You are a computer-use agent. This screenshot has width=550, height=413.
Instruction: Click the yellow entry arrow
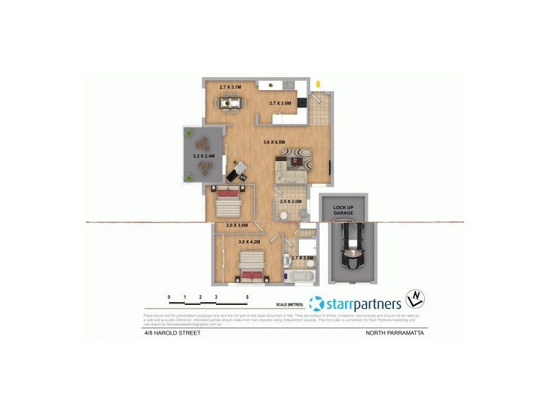click(x=317, y=85)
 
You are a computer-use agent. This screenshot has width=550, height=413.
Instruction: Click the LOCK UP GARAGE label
click(x=343, y=211)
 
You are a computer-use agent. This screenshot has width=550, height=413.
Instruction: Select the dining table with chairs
click(x=230, y=103)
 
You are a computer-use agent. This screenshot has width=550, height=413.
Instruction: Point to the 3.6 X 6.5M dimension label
click(x=274, y=142)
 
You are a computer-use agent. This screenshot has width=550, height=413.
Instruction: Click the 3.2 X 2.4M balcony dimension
click(x=204, y=156)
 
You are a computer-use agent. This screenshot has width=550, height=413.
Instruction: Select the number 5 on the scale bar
click(x=247, y=297)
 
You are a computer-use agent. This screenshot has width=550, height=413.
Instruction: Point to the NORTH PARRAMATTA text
click(x=394, y=332)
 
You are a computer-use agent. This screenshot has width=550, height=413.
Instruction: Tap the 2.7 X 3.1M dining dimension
click(x=232, y=87)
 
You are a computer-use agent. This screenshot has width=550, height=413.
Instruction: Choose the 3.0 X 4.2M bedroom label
click(x=251, y=242)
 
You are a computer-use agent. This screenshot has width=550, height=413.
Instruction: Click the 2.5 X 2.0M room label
click(x=290, y=201)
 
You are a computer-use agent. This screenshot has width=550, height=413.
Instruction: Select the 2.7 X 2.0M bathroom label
click(x=302, y=258)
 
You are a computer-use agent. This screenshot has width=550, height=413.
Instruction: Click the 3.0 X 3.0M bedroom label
click(x=237, y=225)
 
